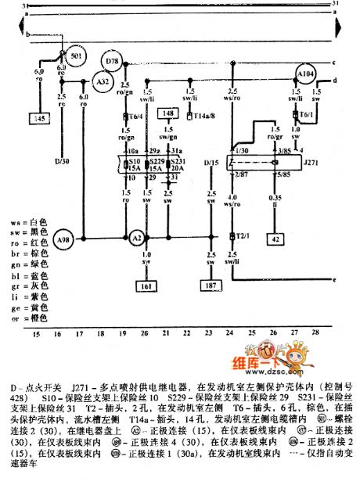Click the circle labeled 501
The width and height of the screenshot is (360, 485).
[75, 59]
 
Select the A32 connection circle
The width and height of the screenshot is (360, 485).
[102, 81]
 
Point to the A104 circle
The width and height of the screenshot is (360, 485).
[306, 75]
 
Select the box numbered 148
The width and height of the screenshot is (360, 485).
[167, 114]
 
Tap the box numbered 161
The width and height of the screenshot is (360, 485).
[146, 287]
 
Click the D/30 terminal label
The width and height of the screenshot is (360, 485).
[62, 163]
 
